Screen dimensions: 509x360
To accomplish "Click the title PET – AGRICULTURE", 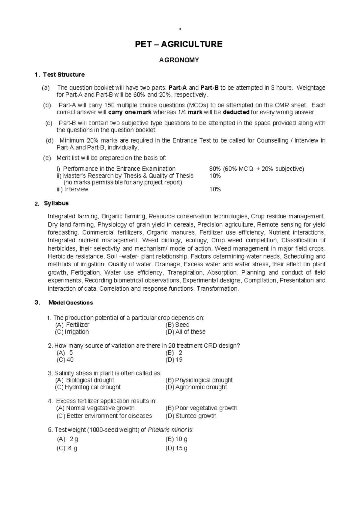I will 179,44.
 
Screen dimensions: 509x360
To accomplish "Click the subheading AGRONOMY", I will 179,60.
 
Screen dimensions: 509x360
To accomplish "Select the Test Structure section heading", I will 64,75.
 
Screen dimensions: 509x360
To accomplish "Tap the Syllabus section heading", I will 56,203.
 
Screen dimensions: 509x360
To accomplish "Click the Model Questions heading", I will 70,303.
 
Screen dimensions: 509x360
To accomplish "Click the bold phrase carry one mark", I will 130,112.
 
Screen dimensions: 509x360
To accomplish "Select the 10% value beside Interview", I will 215,189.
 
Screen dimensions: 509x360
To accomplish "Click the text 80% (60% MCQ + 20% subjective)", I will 256,169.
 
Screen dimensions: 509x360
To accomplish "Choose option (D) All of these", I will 185,332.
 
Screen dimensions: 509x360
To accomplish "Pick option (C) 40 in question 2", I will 65,360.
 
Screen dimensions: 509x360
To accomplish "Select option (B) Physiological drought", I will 199,380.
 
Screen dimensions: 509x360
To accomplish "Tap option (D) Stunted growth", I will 191,416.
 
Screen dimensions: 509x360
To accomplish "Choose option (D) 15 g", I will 176,448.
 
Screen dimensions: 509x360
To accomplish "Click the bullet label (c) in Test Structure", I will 49,123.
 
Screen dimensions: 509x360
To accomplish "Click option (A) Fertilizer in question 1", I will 72,325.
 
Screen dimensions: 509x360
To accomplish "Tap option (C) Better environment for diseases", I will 104,416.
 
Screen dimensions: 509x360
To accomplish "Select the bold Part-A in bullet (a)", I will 178,88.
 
